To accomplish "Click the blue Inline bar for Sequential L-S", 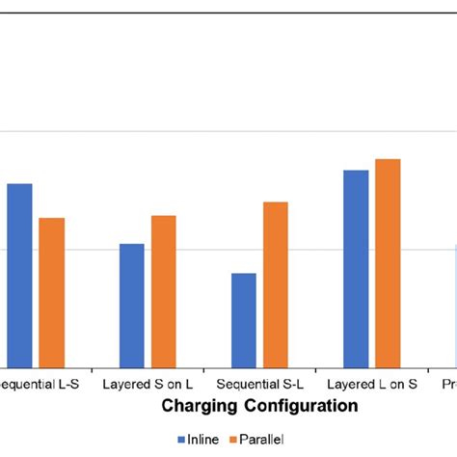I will tap(19, 275).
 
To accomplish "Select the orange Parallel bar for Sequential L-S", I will tap(51, 292).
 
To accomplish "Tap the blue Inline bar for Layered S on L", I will tap(132, 305).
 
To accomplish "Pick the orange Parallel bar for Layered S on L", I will tap(163, 290).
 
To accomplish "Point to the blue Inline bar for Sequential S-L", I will tap(244, 319).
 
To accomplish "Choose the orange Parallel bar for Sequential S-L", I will tap(276, 283).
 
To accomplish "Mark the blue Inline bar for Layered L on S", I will tap(356, 268).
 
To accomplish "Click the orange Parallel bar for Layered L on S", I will tap(388, 262).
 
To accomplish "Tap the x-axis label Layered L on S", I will tap(372, 383).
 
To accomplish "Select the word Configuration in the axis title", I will tap(300, 406).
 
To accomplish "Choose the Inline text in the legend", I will tap(202, 441).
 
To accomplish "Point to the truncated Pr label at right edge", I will tap(448, 383).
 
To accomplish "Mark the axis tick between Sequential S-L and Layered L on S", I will tap(316, 369).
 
